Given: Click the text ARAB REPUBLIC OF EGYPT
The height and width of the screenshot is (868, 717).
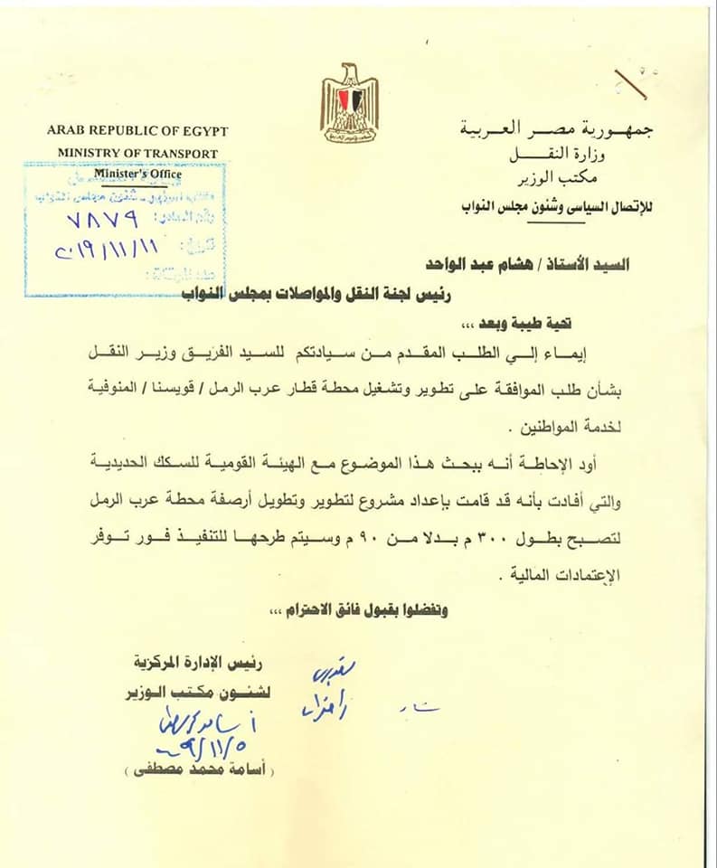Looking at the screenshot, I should (x=137, y=131).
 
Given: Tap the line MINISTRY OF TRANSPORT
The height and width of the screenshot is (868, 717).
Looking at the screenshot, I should (x=137, y=153).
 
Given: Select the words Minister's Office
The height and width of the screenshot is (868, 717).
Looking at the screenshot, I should (x=137, y=174).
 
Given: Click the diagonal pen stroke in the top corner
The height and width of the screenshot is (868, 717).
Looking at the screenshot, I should (x=630, y=83).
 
